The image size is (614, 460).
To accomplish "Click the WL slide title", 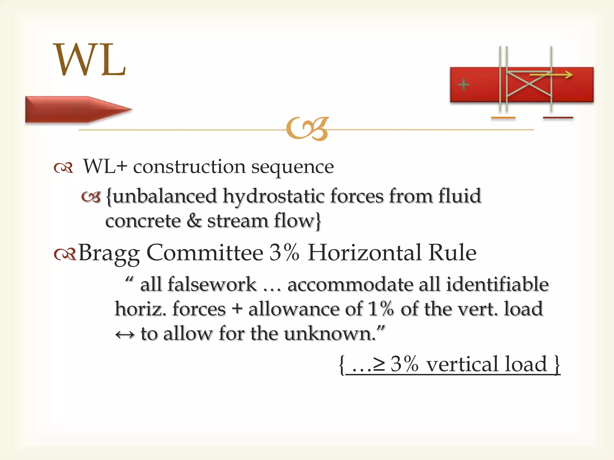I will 89,60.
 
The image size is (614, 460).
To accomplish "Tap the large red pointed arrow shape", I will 75,109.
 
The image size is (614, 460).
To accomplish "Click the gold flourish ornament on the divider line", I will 307,129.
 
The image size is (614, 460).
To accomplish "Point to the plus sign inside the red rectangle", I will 463,84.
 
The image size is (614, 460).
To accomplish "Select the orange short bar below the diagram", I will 503,118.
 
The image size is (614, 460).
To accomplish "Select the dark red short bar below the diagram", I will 558,118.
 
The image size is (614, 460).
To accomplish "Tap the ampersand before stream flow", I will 194,221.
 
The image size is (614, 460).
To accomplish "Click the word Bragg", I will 109,253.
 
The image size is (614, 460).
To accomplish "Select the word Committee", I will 205,253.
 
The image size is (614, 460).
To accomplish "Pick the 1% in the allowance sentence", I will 380,309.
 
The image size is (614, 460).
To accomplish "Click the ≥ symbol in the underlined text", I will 379,364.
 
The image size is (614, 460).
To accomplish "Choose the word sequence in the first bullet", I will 292,167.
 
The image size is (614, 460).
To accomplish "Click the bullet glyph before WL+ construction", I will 63,168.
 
